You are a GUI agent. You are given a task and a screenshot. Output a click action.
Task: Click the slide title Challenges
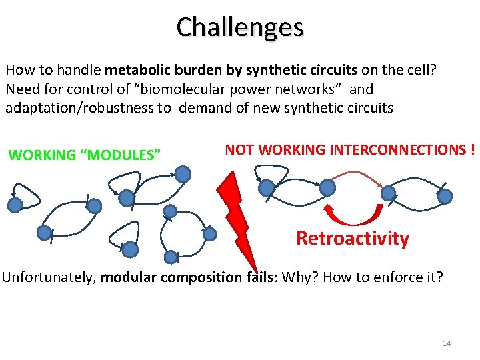click(x=240, y=27)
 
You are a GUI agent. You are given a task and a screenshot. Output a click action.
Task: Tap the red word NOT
click(x=239, y=150)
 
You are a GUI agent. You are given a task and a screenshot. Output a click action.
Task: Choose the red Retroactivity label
click(x=352, y=239)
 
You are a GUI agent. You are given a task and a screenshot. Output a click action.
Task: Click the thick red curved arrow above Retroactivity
click(x=353, y=215)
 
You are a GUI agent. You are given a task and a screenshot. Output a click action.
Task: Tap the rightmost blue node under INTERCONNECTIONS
click(x=445, y=196)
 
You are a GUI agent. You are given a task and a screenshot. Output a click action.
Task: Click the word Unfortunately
click(x=49, y=277)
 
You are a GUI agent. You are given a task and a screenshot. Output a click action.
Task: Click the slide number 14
click(x=446, y=343)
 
